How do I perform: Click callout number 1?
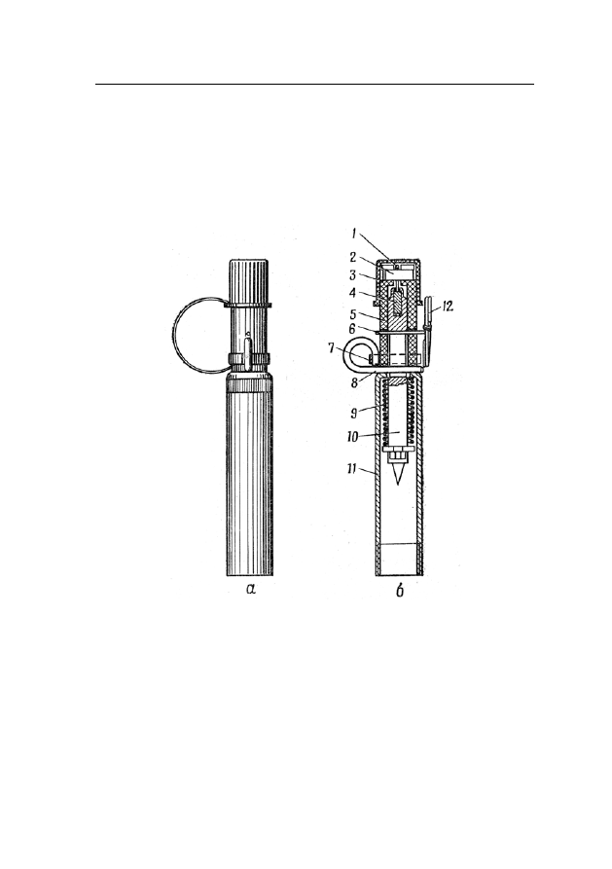click(354, 235)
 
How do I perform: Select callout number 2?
click(353, 258)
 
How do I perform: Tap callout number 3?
click(353, 274)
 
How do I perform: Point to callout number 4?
click(353, 294)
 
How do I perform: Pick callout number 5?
click(353, 313)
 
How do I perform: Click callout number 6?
click(352, 329)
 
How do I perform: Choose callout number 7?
click(331, 347)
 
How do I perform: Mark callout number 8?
click(353, 382)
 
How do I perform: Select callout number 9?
click(353, 414)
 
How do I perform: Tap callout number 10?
click(353, 437)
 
